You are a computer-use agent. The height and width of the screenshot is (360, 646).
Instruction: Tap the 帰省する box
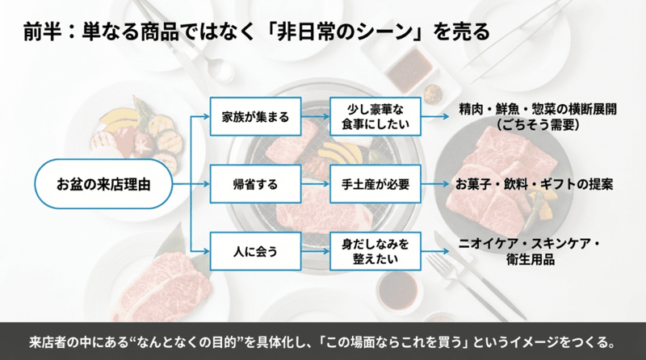[x=255, y=184]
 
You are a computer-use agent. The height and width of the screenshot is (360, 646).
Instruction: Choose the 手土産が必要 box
[x=374, y=184]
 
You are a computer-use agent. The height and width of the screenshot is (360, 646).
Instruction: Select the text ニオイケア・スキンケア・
[x=537, y=243]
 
